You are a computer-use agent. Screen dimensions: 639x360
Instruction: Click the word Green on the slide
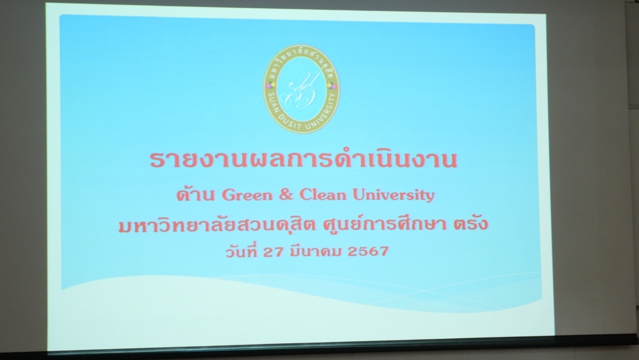tap(247, 195)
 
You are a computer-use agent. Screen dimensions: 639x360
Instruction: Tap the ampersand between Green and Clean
tap(286, 195)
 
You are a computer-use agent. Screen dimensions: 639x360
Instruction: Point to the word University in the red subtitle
tap(393, 195)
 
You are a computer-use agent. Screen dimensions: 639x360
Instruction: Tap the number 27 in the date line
tap(273, 251)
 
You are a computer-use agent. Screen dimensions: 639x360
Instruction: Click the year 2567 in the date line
tap(368, 251)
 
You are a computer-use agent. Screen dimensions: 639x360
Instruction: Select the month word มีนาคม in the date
tap(315, 250)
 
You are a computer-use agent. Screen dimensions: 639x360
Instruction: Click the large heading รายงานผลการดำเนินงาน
tap(303, 159)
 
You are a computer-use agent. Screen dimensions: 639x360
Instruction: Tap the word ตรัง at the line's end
tap(471, 223)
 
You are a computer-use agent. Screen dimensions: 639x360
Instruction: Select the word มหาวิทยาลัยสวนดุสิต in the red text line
tap(217, 223)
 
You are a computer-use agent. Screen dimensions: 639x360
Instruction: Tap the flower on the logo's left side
tap(268, 86)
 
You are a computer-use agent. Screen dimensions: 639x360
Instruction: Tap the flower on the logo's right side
tap(333, 86)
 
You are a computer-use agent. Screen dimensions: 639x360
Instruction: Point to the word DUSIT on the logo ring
tap(290, 122)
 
